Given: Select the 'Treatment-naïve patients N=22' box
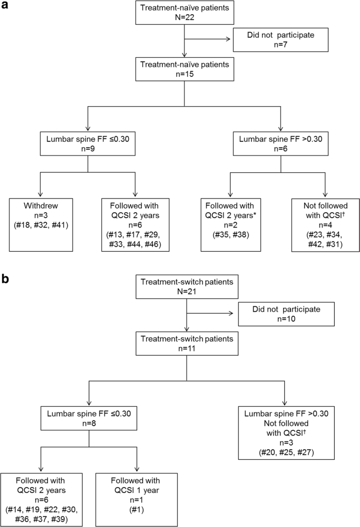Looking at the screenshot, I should [x=183, y=13].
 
